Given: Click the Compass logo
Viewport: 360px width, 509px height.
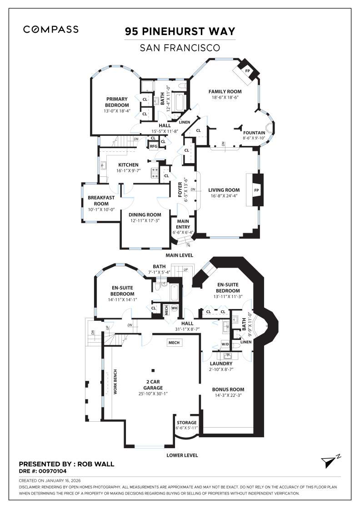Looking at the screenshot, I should tap(51, 30).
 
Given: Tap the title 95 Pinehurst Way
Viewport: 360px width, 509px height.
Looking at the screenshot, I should tap(180, 31).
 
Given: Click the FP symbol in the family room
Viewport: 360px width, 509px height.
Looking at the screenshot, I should tap(248, 71).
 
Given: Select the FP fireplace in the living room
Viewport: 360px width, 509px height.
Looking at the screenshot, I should tap(256, 190).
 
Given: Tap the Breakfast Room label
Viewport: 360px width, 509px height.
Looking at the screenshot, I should tap(101, 200).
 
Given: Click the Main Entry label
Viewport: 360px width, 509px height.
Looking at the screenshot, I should tap(183, 224).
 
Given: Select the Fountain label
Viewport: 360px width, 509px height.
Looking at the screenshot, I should tap(254, 133).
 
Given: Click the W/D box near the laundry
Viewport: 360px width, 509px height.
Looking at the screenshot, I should tap(225, 344).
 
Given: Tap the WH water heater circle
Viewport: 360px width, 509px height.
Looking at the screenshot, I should tap(174, 308).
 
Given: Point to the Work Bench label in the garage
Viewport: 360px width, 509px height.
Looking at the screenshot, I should tap(115, 381).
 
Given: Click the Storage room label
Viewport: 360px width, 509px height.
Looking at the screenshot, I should tap(186, 423).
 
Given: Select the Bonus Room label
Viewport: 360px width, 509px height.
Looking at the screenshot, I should tap(228, 389).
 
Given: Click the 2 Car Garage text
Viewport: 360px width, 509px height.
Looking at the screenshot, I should tap(153, 384).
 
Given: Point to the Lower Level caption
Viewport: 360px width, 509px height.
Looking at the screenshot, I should tap(182, 455).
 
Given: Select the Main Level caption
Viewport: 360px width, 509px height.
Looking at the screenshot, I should tap(180, 255).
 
